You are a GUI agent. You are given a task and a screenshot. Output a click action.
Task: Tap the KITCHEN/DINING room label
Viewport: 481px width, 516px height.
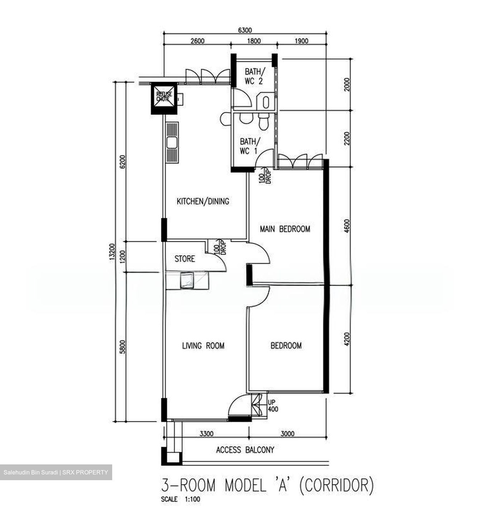(203, 201)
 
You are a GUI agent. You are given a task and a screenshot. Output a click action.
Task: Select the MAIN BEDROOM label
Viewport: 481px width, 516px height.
(285, 229)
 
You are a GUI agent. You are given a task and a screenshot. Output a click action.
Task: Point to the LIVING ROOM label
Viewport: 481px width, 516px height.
(203, 346)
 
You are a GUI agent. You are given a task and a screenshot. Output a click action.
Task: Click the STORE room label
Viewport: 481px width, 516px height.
(185, 259)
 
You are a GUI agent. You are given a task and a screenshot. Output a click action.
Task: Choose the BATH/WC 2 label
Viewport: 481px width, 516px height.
(253, 76)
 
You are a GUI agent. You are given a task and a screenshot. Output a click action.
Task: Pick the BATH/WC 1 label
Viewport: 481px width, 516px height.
(248, 147)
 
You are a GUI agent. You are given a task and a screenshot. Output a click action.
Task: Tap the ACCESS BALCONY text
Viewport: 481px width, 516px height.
(245, 450)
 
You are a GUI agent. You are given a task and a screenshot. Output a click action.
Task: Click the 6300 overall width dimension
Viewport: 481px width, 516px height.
(245, 30)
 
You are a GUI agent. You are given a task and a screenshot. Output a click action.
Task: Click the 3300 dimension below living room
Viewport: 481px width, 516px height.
(206, 434)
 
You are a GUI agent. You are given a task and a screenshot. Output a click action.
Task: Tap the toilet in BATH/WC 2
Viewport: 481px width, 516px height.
(266, 102)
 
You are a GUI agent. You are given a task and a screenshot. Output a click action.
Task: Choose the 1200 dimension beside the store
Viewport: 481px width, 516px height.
(123, 257)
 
